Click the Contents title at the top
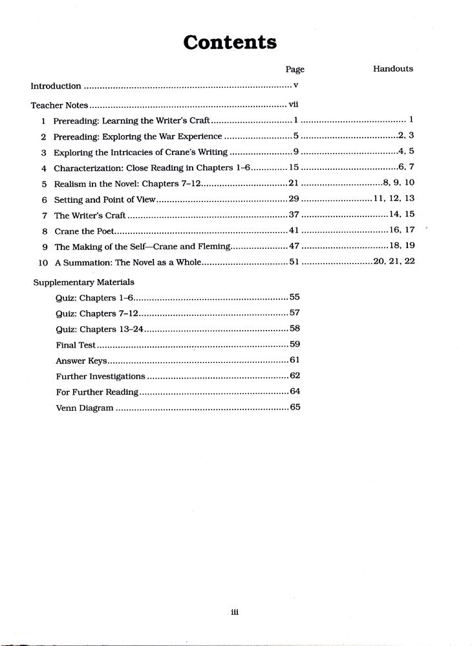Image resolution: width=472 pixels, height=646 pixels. click(230, 43)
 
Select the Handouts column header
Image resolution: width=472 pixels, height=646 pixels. click(392, 68)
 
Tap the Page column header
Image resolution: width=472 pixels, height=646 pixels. click(294, 70)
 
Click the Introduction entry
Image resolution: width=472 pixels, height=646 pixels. click(56, 86)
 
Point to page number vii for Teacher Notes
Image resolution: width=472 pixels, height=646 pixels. click(292, 104)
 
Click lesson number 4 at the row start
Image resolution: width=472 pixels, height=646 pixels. click(43, 168)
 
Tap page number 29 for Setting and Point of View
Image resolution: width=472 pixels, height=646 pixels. click(294, 199)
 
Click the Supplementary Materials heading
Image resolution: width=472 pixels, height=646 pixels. click(83, 282)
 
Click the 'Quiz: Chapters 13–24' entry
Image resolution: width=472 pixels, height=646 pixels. click(100, 329)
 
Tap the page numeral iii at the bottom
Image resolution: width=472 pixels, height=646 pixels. click(235, 613)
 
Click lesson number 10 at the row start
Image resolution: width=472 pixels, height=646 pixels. click(43, 262)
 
